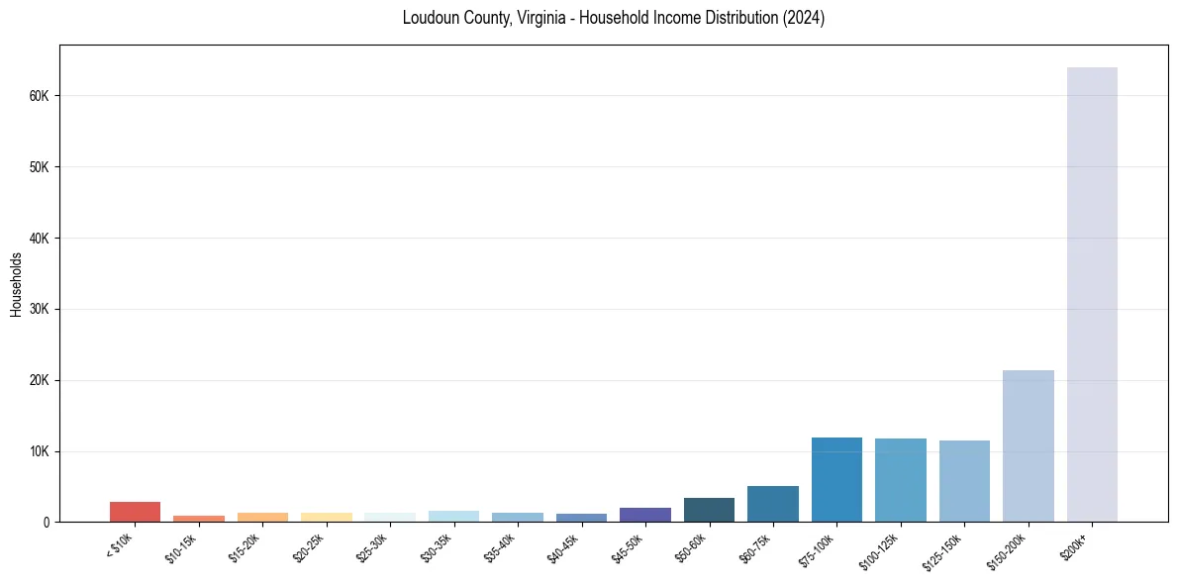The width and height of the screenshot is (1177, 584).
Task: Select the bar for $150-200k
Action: click(x=1028, y=445)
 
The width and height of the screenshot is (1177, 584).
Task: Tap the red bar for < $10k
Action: click(x=135, y=512)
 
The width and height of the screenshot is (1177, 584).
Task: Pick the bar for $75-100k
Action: click(x=836, y=480)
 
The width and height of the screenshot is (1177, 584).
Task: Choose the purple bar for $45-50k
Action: click(x=645, y=515)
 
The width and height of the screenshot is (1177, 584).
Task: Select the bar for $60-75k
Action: click(x=773, y=504)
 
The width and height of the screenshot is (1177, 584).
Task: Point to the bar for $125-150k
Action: click(x=964, y=481)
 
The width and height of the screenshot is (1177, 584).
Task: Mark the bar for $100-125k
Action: click(x=900, y=480)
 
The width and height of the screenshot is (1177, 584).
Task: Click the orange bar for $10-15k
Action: click(x=199, y=519)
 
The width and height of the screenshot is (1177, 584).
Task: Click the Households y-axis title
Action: click(x=16, y=284)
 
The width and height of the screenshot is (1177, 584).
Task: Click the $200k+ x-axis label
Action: click(x=1075, y=544)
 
